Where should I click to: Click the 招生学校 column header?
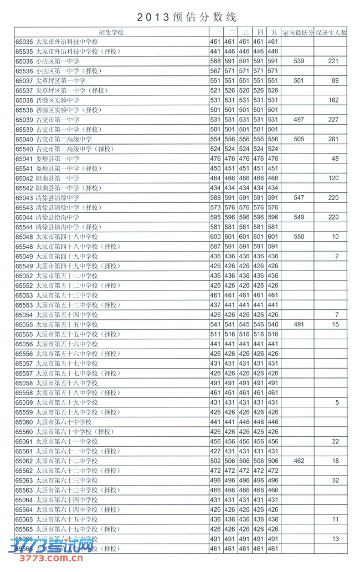pos(111,32)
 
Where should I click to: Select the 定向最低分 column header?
pos(298,32)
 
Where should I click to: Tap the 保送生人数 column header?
pos(331,32)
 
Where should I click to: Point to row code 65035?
pos(24,42)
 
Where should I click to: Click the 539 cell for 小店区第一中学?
pos(298,61)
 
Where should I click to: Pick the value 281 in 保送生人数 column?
pos(332,139)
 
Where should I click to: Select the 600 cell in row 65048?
pos(215,237)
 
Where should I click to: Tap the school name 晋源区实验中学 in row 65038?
pos(57,100)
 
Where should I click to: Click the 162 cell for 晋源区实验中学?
pos(332,100)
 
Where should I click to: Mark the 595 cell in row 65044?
pos(215,217)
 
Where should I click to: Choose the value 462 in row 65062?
pos(298,461)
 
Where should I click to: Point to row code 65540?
pos(24,149)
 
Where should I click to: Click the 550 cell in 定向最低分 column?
pos(298,237)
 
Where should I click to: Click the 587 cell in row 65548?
pos(215,247)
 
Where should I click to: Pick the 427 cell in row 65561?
pos(215,451)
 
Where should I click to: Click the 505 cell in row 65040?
pos(298,139)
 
